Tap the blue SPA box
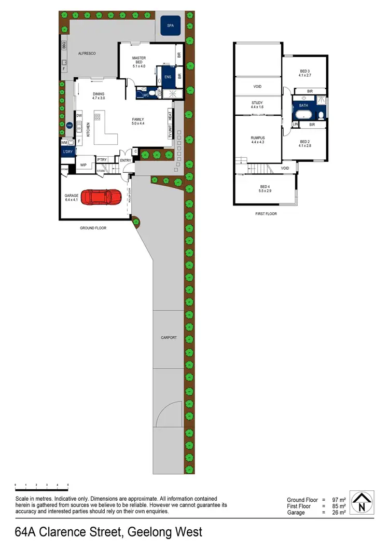click(170, 25)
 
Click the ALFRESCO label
click(87, 53)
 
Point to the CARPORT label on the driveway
click(169, 338)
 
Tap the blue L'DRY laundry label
click(67, 152)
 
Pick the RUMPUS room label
click(258, 137)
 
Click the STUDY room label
click(258, 103)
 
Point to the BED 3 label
click(305, 71)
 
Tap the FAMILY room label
click(137, 119)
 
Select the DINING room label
click(99, 94)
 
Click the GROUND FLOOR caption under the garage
click(93, 228)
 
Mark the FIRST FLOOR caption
click(266, 213)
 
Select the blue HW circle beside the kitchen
click(69, 125)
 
